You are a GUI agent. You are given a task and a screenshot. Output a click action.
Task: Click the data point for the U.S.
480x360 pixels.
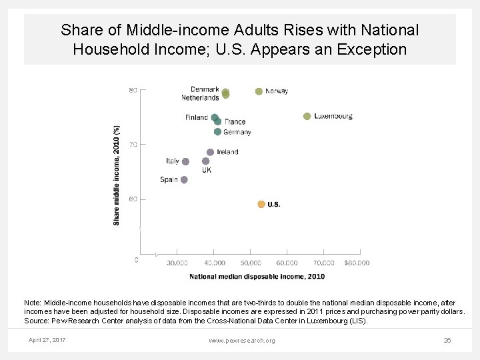point(261,204)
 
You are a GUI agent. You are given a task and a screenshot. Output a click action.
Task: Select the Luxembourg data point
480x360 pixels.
point(307,116)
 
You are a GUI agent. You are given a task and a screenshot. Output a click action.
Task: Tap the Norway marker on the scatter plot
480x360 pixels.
point(259,91)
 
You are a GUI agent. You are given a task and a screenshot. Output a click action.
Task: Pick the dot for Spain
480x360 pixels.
point(184,179)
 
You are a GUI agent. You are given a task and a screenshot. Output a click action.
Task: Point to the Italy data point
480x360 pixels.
point(185,161)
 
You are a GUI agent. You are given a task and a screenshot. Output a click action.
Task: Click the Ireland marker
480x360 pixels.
point(210,152)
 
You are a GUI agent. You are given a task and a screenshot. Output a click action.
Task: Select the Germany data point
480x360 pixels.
point(217,131)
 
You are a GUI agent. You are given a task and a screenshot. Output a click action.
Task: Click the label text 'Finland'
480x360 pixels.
point(197,118)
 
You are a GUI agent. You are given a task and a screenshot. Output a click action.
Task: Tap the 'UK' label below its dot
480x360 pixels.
point(207,170)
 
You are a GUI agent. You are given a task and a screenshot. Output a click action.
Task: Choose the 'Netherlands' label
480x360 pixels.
point(200,97)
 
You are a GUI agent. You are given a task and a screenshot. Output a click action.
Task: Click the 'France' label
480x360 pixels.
point(235,122)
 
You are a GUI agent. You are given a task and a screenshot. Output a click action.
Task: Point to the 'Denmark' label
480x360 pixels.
point(205,89)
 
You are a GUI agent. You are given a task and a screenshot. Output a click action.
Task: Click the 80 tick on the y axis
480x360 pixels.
point(133,90)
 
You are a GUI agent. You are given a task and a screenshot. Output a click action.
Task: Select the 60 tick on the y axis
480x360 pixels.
point(133,199)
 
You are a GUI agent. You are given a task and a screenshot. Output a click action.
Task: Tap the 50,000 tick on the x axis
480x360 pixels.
point(250,263)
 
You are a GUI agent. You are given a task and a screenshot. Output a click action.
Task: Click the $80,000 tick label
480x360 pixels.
point(357,263)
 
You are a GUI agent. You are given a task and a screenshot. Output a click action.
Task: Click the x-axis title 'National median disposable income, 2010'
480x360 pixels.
point(257,276)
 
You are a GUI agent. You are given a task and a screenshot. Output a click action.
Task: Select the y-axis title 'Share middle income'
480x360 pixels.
point(117,175)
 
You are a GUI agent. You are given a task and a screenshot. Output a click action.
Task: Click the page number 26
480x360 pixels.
point(447,341)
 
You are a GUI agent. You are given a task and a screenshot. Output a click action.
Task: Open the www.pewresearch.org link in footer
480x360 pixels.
point(241,341)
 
